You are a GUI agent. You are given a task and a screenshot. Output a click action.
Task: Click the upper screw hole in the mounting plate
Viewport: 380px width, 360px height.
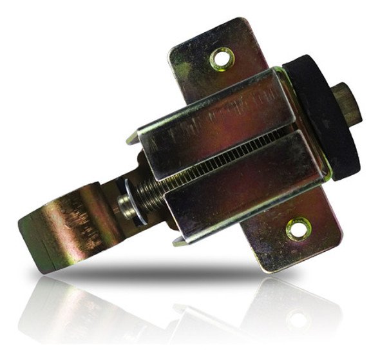221,59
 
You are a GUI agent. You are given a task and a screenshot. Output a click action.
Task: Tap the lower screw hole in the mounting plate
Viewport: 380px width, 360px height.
298,227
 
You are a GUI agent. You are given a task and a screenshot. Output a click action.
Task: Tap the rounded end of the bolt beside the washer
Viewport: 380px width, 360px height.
121,207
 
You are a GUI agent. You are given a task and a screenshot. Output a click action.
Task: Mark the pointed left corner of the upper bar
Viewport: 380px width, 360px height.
131,138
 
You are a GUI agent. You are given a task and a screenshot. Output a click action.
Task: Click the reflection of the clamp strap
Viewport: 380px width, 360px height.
64,309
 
